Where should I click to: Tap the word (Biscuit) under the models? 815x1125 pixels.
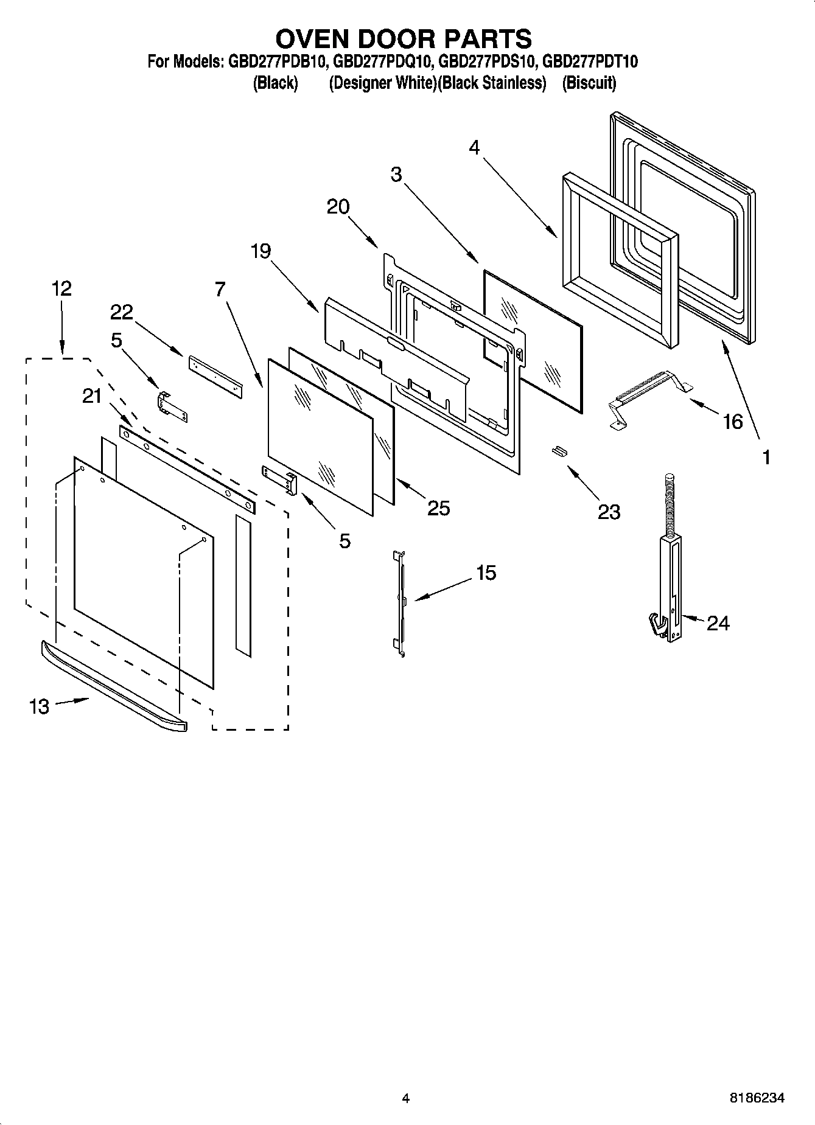589,83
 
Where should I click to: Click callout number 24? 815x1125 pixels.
718,623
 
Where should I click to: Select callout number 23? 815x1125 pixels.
609,512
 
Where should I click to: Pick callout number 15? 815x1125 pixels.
486,573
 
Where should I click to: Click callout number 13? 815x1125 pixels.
39,706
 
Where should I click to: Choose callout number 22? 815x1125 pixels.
121,312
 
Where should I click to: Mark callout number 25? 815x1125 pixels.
438,508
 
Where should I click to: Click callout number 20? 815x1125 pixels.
338,207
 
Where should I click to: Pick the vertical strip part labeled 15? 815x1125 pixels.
400,602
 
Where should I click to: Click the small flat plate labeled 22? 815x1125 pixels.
214,376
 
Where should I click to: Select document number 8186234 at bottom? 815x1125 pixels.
757,1098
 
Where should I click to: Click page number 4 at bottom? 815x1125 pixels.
405,1098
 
